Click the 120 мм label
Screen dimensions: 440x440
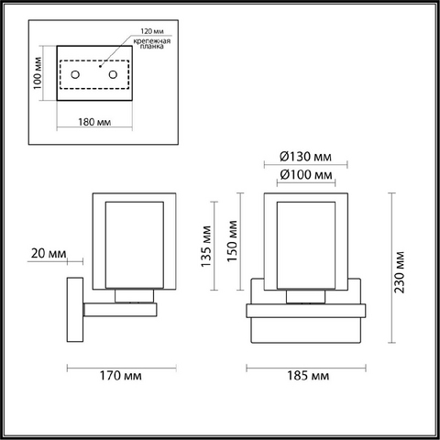(152, 31)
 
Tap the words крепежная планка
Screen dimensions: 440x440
(152, 43)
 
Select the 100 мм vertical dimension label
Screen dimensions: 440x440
(38, 73)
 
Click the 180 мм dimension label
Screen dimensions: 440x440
(94, 122)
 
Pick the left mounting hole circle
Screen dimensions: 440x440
(75, 74)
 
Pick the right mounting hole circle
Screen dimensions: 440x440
(113, 74)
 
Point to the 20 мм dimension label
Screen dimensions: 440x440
(49, 253)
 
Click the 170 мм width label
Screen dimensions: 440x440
(121, 376)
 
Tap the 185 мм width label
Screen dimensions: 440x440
(308, 376)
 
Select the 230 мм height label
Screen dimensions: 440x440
(399, 272)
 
